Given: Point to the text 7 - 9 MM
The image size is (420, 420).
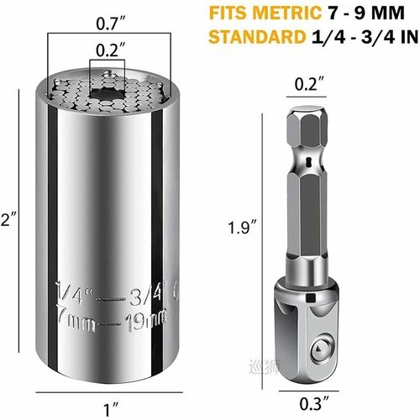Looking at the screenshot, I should pyautogui.click(x=370, y=14).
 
